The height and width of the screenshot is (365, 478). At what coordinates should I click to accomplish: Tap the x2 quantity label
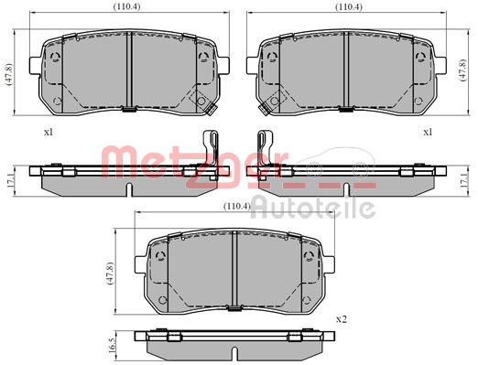(342, 318)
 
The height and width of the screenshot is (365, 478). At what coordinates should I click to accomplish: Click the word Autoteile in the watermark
(313, 209)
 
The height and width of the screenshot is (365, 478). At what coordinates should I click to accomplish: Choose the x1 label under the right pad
(426, 132)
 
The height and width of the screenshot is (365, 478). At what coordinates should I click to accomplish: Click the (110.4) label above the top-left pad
(126, 7)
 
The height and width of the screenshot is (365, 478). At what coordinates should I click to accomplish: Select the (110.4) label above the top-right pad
(345, 7)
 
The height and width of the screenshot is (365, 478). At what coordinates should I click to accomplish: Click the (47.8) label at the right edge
(469, 70)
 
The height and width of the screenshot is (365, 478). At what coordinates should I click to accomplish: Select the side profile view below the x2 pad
(235, 345)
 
